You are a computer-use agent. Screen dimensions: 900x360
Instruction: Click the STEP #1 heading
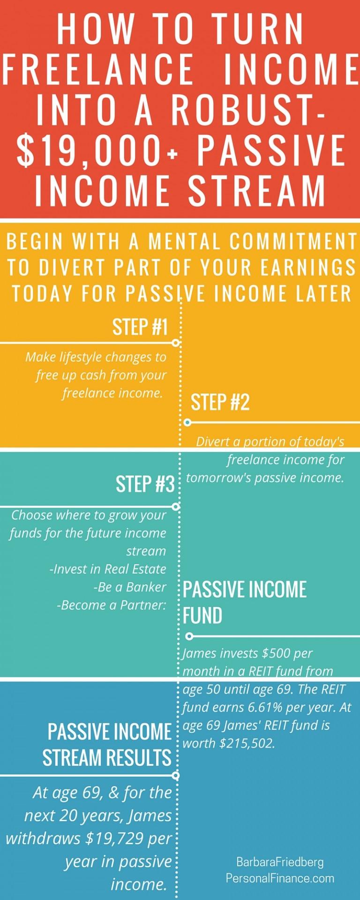tap(140, 327)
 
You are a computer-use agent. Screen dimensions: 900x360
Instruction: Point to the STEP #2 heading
tap(220, 402)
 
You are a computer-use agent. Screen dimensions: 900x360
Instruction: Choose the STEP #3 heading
tap(145, 484)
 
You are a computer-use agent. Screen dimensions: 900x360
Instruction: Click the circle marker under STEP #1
tap(176, 343)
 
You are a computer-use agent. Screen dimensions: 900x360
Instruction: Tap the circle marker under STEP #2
tap(187, 422)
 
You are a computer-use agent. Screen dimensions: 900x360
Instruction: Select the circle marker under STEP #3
tap(176, 506)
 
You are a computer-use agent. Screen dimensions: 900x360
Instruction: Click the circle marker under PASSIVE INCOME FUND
tap(189, 636)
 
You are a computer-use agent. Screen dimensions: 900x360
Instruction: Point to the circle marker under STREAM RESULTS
tap(176, 775)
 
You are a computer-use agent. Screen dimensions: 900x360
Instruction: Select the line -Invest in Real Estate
tap(108, 569)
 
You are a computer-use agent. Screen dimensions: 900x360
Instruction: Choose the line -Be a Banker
tap(130, 587)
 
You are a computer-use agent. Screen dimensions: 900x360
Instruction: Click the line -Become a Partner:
tap(112, 605)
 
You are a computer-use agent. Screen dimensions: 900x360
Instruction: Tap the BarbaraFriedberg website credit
tap(280, 870)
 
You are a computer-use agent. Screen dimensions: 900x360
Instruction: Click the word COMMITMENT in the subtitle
tap(293, 241)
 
